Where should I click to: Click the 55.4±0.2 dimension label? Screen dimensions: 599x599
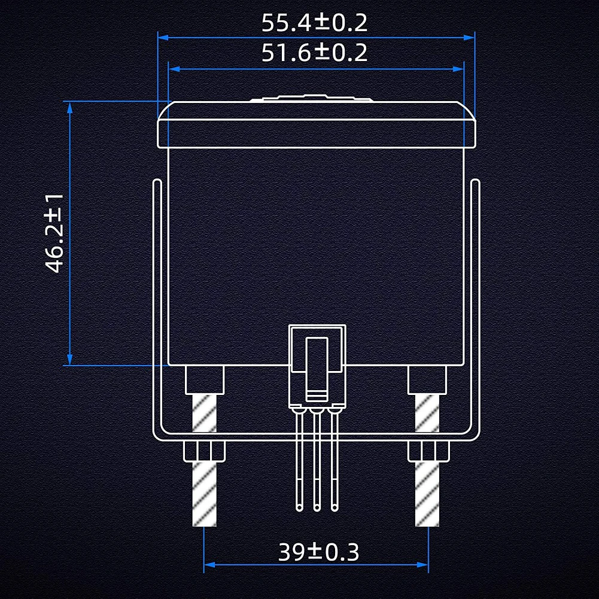(314, 23)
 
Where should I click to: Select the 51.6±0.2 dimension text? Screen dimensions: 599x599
(314, 53)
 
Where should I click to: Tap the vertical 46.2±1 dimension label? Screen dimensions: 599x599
(54, 233)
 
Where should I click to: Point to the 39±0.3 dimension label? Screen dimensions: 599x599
(318, 552)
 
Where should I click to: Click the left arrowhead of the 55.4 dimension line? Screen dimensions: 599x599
(163, 38)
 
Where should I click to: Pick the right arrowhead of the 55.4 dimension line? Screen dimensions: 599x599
(469, 38)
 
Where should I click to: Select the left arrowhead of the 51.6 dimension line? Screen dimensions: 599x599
(174, 69)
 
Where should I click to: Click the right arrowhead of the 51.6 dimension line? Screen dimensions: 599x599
(458, 69)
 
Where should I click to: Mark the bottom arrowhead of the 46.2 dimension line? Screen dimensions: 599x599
(69, 360)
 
